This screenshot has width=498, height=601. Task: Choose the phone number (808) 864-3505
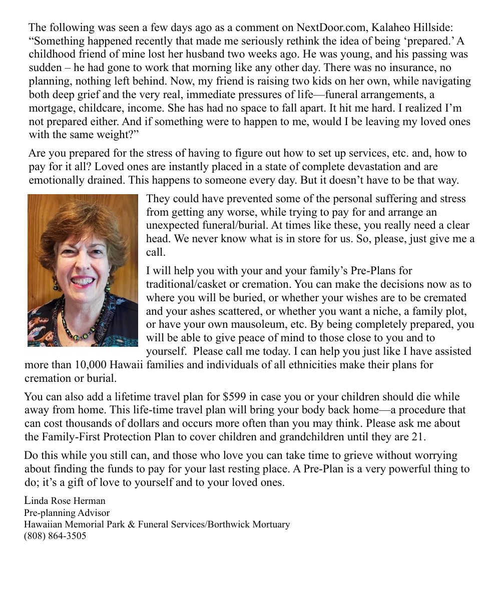pyautogui.click(x=55, y=536)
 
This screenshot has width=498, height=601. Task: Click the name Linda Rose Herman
pyautogui.click(x=65, y=500)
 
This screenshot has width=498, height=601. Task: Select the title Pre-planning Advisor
pyautogui.click(x=67, y=512)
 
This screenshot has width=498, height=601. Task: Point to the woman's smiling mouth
pyautogui.click(x=82, y=282)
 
